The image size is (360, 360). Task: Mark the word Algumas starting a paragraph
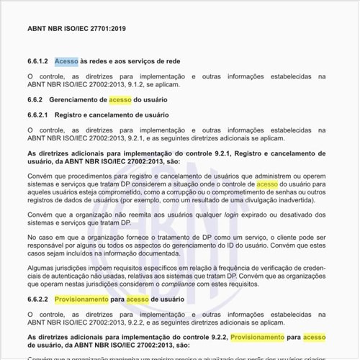tap(42, 267)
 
